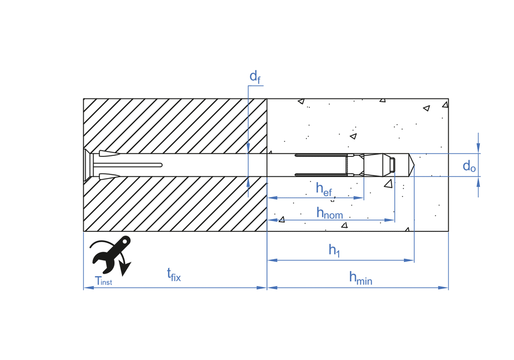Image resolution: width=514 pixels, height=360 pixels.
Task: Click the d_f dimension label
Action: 255,77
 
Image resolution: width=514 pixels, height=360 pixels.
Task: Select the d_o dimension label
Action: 469,166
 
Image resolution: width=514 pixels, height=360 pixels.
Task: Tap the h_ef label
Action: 324,189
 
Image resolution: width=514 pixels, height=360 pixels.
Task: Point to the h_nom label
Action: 330,213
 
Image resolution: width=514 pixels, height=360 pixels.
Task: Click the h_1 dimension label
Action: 335,250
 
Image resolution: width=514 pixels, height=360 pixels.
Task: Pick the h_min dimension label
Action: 361,278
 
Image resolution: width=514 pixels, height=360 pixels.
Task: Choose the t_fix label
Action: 174,275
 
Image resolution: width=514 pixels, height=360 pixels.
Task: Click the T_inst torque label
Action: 103,281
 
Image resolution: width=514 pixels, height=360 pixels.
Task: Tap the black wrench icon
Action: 111,255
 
